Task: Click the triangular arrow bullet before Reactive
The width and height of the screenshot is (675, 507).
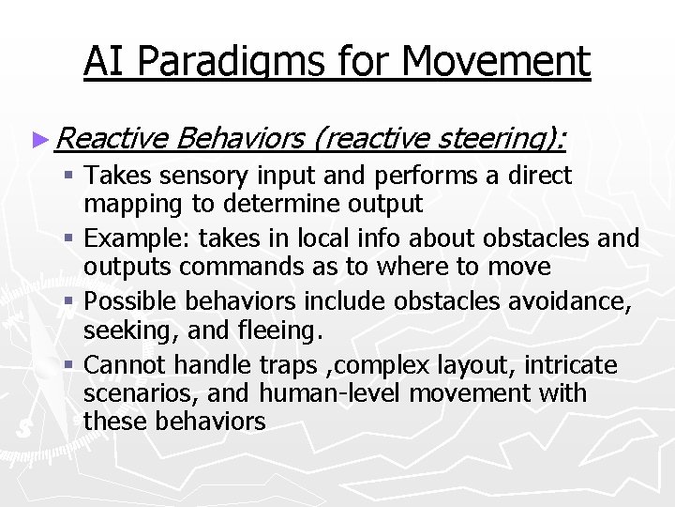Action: tap(39, 139)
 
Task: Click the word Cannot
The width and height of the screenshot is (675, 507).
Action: tap(127, 365)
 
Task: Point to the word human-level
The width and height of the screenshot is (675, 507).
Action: tap(334, 392)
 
